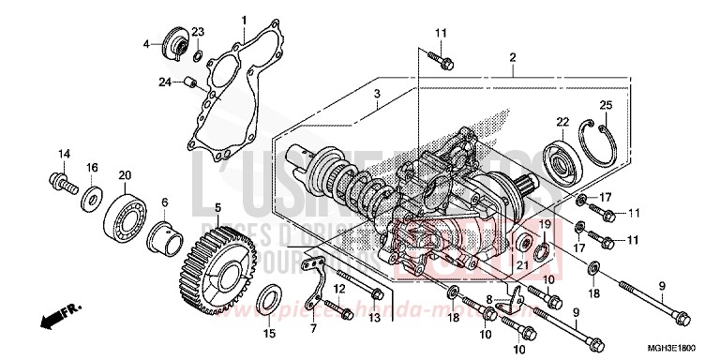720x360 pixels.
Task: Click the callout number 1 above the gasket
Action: pos(244,20)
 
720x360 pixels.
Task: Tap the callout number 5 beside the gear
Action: pos(217,207)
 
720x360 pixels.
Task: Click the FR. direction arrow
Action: pos(57,317)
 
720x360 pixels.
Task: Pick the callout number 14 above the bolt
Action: pos(65,154)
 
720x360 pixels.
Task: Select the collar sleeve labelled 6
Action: pos(164,231)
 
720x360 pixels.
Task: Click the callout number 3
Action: pos(376,95)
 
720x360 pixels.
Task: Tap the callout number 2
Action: pos(513,58)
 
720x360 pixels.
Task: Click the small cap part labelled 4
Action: pos(174,44)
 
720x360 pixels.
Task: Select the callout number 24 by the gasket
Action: pos(165,82)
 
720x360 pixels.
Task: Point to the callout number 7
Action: pos(315,328)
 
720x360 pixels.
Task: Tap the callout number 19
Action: pos(542,224)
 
